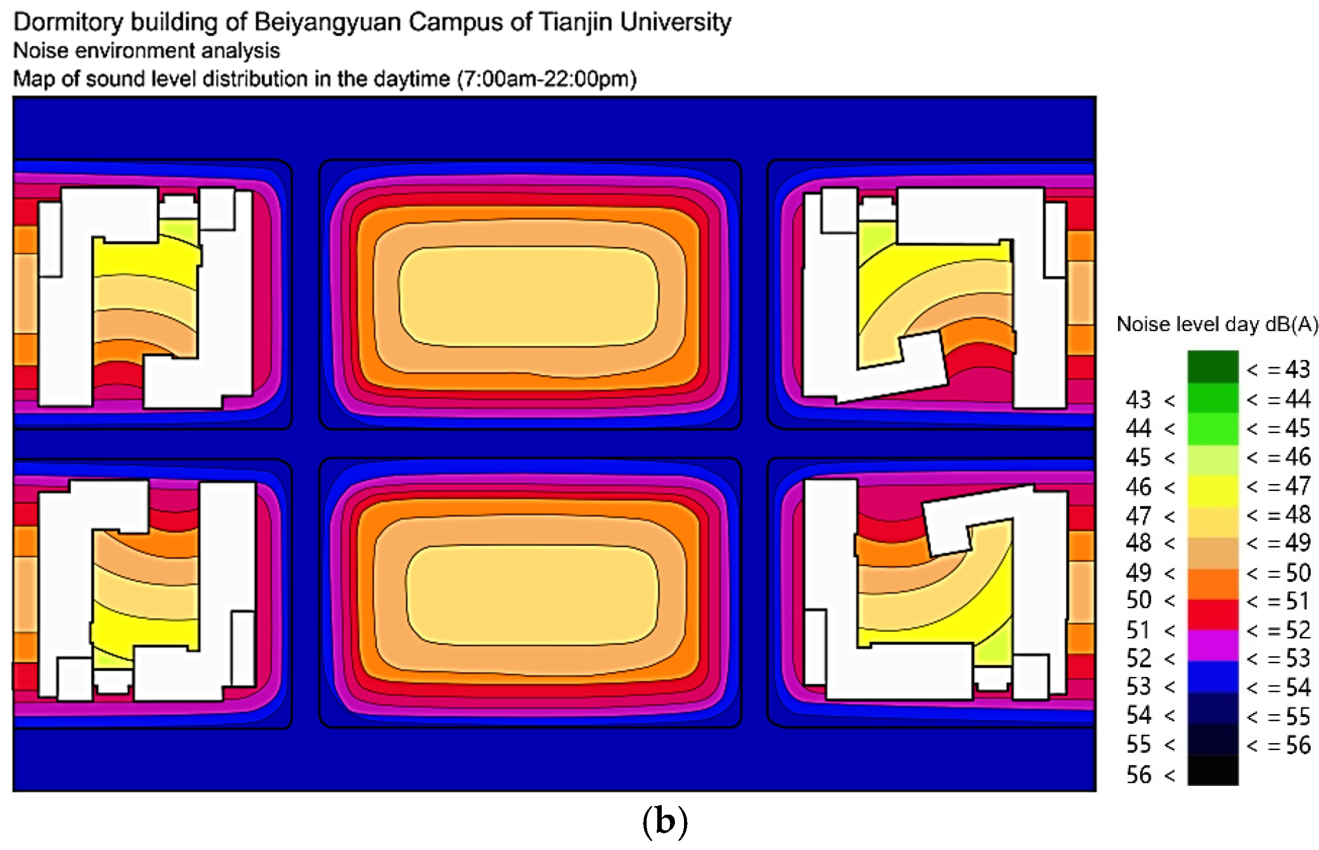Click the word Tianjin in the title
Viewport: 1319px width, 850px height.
tap(575, 23)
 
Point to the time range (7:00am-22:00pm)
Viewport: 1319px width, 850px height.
tap(546, 79)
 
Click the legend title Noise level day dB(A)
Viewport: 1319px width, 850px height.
tap(1217, 325)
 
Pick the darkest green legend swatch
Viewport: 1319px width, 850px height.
tap(1212, 366)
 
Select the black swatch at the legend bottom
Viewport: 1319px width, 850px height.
tap(1212, 770)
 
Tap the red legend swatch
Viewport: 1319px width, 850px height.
tap(1212, 614)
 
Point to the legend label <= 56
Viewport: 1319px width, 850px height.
tap(1278, 745)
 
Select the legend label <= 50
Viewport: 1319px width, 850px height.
tap(1278, 573)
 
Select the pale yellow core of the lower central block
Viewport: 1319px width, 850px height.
tap(531, 595)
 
